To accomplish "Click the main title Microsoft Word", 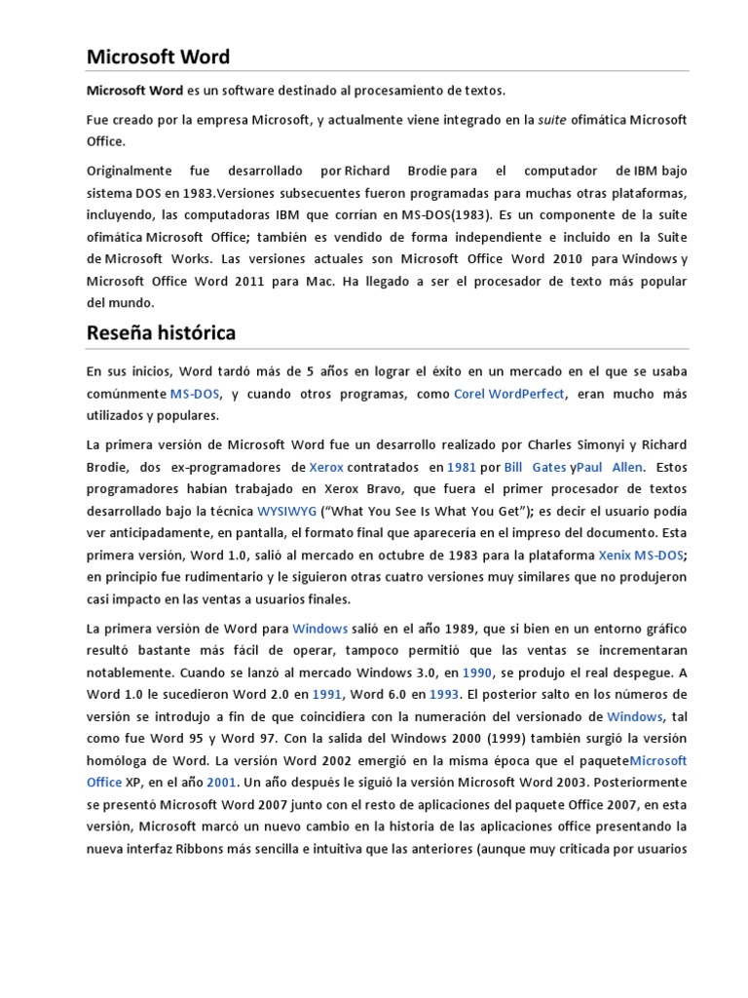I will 158,57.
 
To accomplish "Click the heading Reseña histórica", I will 161,333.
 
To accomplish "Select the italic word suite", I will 552,120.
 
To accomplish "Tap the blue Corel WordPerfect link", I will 509,394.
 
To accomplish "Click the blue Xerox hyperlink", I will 326,467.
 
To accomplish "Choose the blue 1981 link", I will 461,467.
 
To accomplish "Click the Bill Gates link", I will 535,467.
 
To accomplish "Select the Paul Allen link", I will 610,467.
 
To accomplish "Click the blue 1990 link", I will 477,672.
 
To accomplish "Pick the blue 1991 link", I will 326,695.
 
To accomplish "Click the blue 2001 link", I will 221,783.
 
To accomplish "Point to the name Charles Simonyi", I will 575,444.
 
